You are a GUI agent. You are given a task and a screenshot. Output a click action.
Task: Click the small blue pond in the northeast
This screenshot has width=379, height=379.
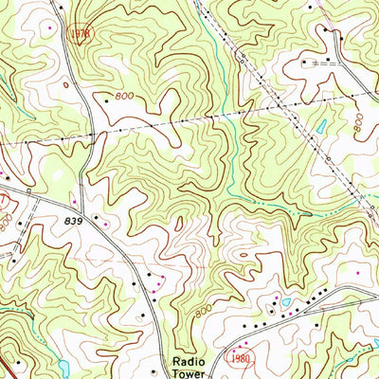(x=321, y=126)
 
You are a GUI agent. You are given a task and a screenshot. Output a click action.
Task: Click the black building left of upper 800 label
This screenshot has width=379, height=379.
(x=103, y=97)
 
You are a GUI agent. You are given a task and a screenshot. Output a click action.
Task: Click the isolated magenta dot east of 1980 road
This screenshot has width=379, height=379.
(x=357, y=273)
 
